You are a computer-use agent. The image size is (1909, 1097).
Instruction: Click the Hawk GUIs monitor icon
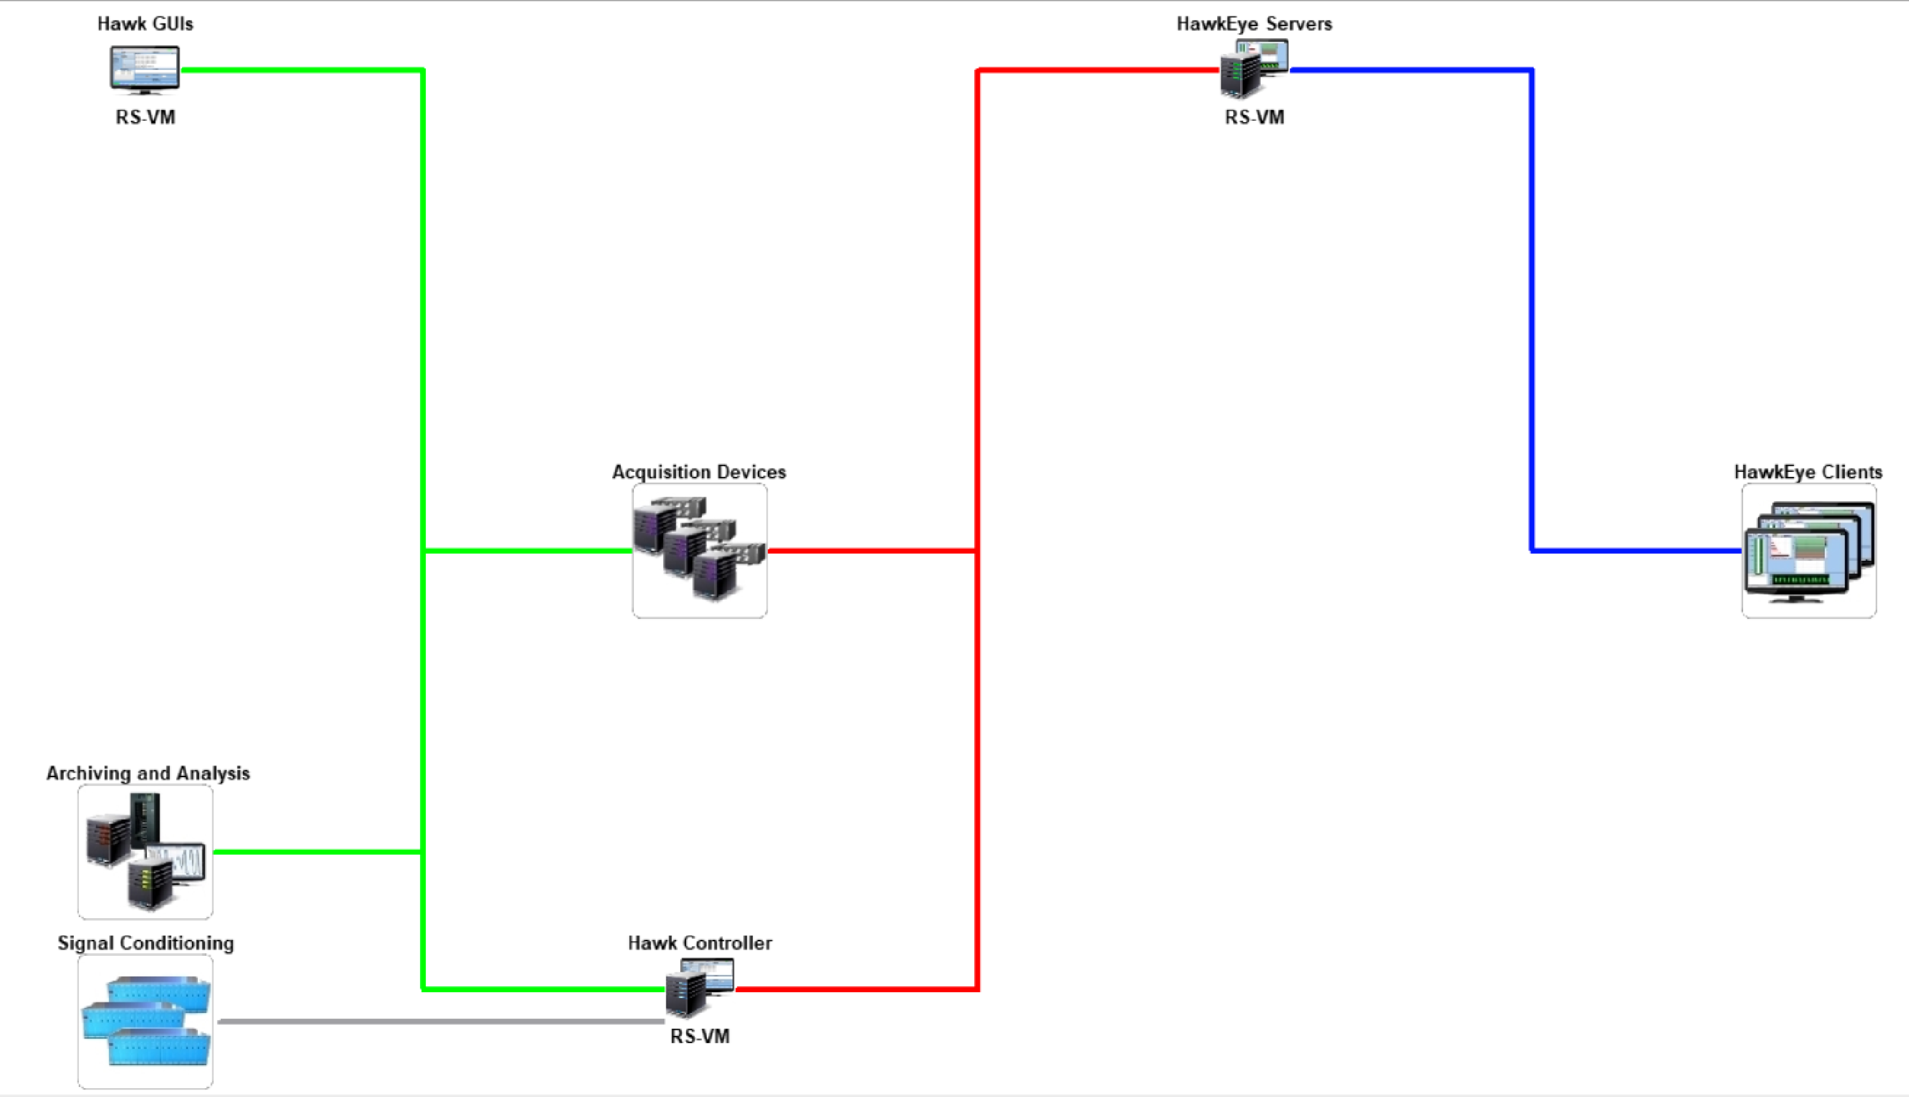click(144, 70)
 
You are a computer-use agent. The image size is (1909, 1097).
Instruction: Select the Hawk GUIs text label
click(144, 24)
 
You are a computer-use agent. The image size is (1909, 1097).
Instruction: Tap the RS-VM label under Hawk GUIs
click(144, 118)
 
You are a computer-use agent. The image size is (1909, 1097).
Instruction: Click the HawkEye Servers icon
click(1254, 69)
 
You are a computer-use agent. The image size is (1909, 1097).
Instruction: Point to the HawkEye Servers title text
click(1254, 24)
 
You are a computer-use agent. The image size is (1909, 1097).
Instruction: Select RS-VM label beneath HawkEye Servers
click(1254, 118)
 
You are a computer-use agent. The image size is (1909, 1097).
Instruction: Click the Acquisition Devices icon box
click(699, 551)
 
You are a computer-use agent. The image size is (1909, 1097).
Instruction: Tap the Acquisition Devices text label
click(699, 473)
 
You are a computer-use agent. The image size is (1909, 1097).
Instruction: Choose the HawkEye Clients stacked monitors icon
click(1808, 551)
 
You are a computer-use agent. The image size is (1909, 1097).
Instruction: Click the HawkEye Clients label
click(1807, 473)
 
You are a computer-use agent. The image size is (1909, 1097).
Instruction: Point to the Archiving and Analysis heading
click(148, 774)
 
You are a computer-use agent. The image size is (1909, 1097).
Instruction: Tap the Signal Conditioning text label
click(146, 943)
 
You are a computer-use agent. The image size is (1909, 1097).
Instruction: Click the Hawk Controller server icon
click(699, 987)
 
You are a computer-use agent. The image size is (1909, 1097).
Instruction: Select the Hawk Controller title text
click(699, 943)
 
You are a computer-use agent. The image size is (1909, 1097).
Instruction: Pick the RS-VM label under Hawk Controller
click(699, 1037)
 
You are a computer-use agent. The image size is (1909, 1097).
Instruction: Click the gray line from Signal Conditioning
click(441, 1022)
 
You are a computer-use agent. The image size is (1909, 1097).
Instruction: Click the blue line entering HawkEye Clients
click(1635, 551)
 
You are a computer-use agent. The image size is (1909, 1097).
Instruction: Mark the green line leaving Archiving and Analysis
click(316, 852)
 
